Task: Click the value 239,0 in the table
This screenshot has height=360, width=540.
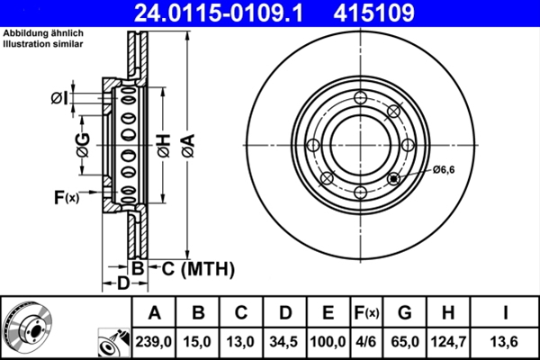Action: click(x=154, y=341)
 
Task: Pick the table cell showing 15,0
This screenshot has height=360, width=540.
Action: click(x=199, y=341)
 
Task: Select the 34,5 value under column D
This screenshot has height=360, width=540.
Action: click(x=284, y=341)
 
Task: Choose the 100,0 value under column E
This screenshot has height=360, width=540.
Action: click(x=328, y=341)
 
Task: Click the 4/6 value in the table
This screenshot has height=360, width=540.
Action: click(x=365, y=341)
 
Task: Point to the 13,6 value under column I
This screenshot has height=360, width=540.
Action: click(x=505, y=341)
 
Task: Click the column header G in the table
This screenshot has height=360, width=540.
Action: click(x=404, y=313)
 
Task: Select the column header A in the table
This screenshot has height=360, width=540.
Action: click(x=154, y=313)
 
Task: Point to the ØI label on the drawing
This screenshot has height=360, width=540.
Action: click(x=59, y=96)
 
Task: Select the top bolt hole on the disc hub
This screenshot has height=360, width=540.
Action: click(x=360, y=99)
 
